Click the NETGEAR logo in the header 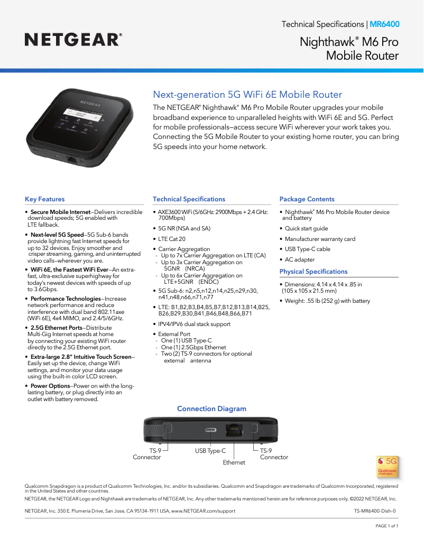click(73, 39)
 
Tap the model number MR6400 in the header click(384, 24)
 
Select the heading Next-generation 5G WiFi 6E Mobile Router click(247, 95)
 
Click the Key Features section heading click(45, 199)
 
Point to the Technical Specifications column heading click(189, 199)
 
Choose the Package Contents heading click(307, 199)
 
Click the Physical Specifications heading click(314, 272)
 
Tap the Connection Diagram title click(211, 408)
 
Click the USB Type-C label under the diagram click(210, 451)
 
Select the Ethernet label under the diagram click(234, 462)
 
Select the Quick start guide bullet click(306, 229)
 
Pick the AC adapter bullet click(300, 259)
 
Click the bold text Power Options click(50, 386)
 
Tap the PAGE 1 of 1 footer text click(386, 526)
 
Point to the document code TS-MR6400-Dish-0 click(375, 511)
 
